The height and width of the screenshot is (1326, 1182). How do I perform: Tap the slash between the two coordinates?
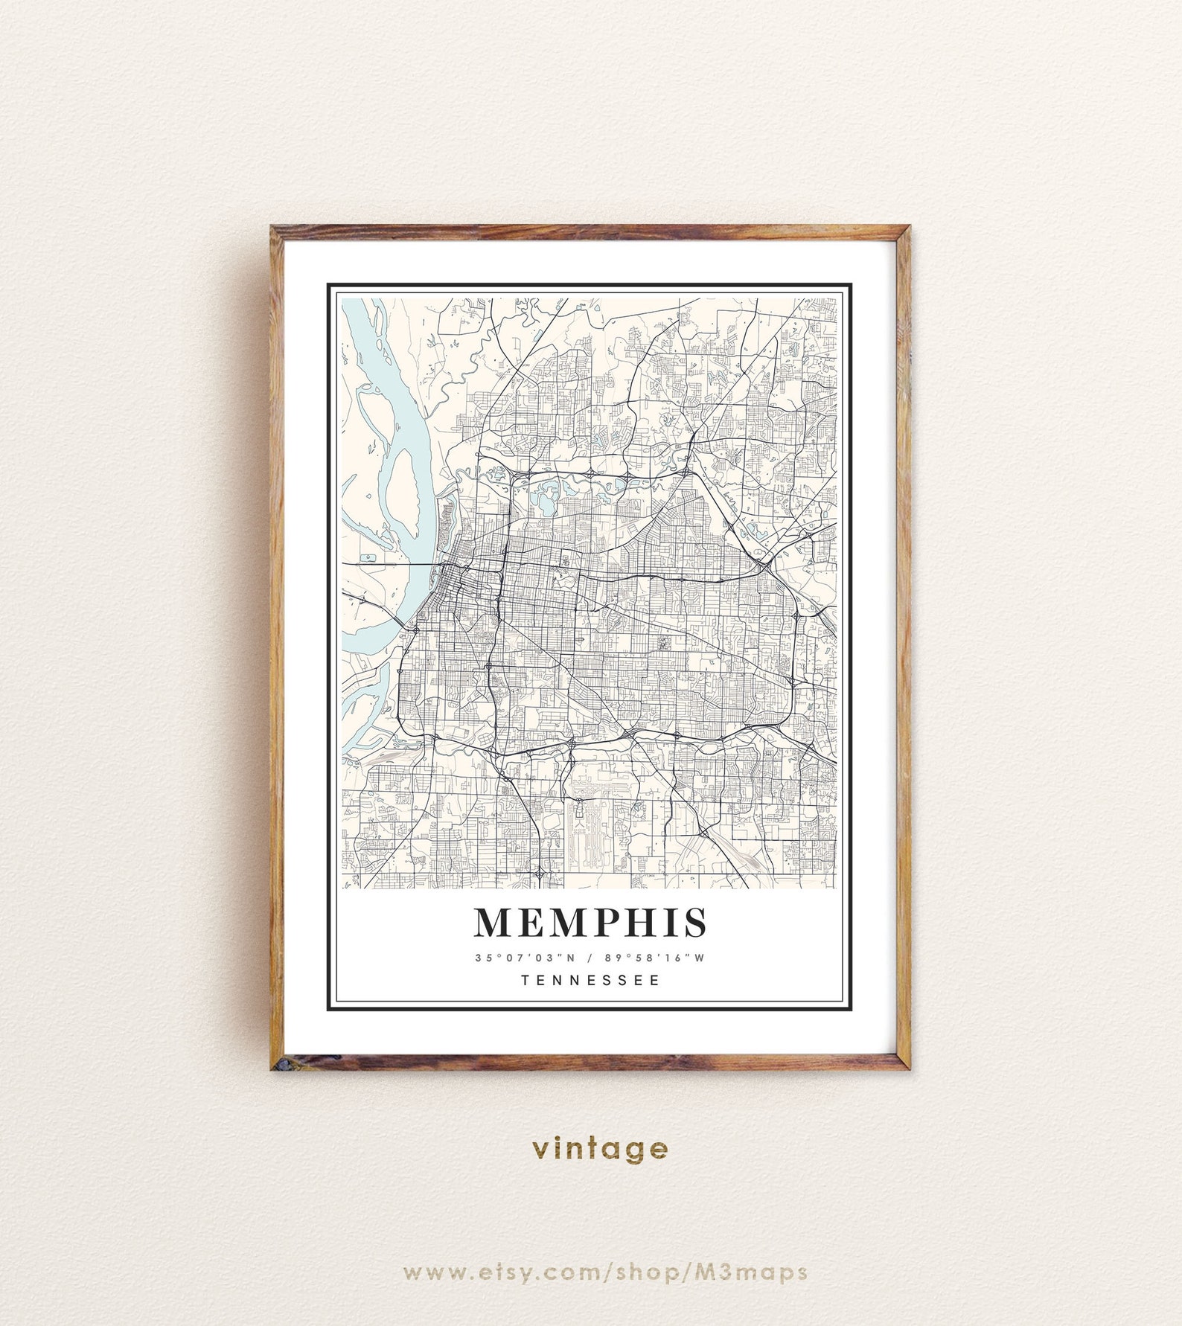tap(588, 958)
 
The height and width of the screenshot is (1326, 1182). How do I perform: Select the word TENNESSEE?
tap(590, 980)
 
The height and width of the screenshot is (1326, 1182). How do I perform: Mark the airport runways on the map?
tap(588, 826)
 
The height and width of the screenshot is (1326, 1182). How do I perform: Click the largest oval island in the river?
tap(403, 491)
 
